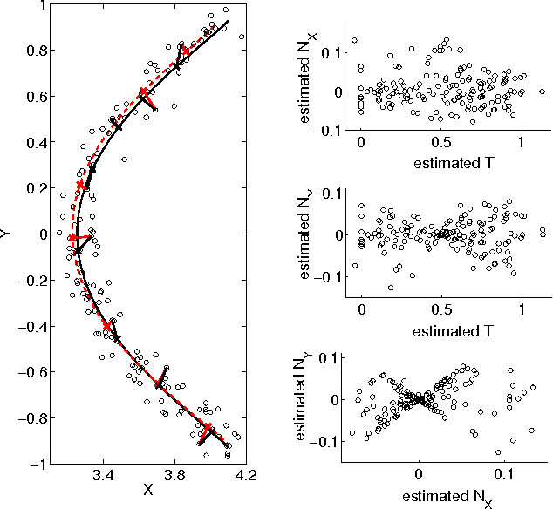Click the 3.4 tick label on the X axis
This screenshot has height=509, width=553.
pyautogui.click(x=103, y=476)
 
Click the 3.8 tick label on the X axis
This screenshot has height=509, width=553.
pyautogui.click(x=174, y=476)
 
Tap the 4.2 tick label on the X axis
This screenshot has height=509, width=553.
pyautogui.click(x=244, y=476)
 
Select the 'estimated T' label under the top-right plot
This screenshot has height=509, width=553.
pyautogui.click(x=441, y=161)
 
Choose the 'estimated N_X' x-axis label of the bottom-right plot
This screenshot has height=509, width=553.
pyautogui.click(x=441, y=497)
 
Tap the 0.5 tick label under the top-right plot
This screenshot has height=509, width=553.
pyautogui.click(x=441, y=142)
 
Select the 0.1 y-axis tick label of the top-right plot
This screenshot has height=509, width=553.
pyautogui.click(x=331, y=53)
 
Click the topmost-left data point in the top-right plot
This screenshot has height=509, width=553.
pyautogui.click(x=355, y=40)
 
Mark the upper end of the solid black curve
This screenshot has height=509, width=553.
pyautogui.click(x=228, y=21)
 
